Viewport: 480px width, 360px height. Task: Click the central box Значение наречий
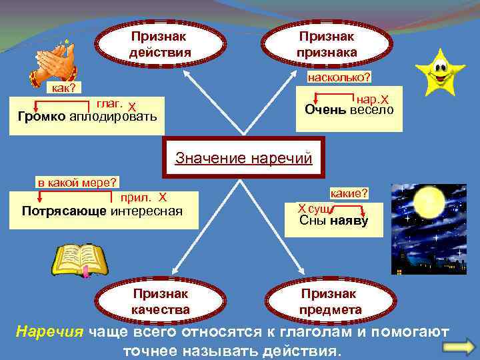243,158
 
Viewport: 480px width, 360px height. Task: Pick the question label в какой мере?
77,182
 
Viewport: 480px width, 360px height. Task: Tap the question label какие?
349,193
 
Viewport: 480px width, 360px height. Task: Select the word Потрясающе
64,211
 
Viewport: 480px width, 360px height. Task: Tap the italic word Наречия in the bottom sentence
50,331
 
